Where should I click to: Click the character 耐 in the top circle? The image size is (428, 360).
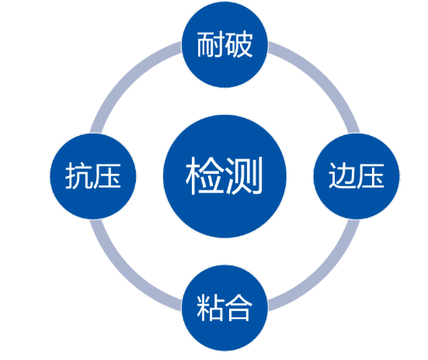(211, 44)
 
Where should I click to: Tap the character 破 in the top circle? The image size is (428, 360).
(238, 44)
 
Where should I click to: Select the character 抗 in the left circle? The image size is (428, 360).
(79, 175)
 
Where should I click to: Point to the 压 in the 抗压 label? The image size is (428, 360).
(107, 176)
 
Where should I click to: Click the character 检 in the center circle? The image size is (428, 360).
(205, 175)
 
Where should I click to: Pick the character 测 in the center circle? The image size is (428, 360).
(243, 175)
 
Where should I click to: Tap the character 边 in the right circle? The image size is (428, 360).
(343, 175)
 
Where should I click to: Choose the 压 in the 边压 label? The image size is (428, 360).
(371, 176)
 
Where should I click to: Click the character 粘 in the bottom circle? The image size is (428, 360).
(211, 308)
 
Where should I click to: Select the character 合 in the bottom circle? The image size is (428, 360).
(238, 308)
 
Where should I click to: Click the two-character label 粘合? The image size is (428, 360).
(224, 308)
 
